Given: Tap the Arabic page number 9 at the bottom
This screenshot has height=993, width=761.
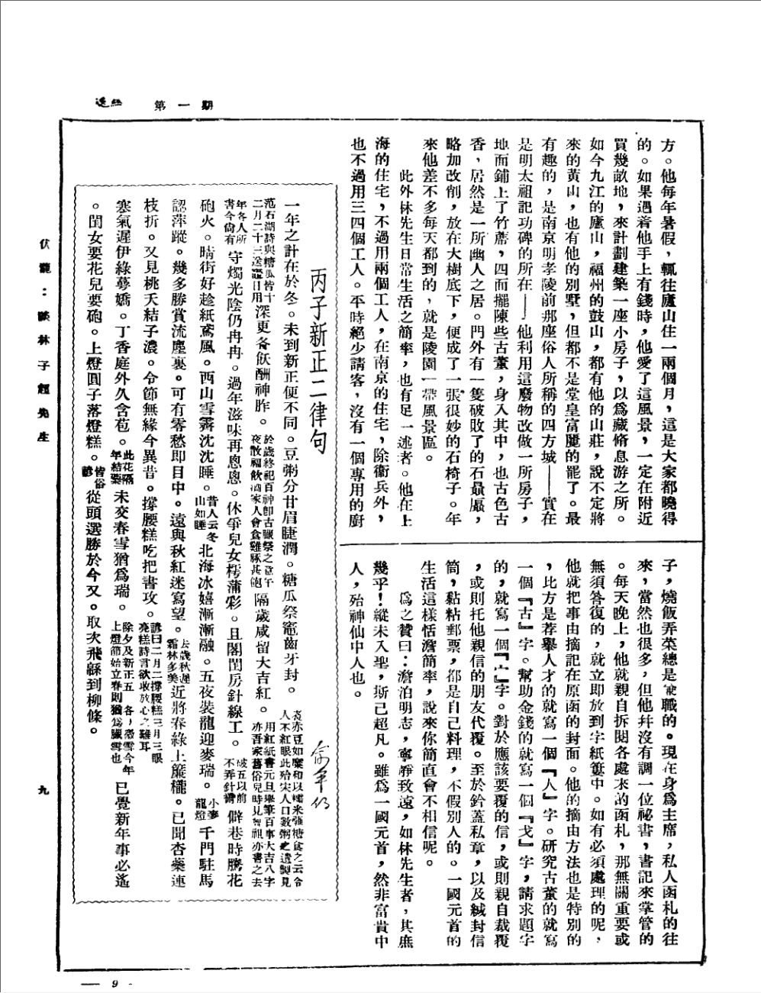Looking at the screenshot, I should click(x=114, y=962).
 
